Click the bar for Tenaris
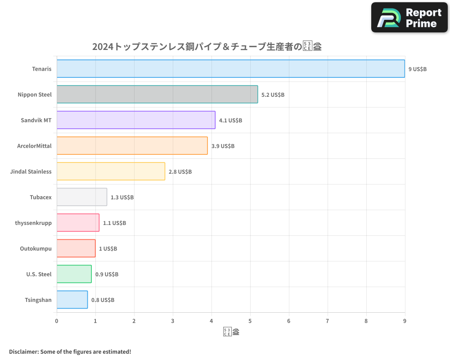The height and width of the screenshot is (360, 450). tap(230, 69)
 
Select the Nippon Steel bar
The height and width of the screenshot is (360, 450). tap(157, 94)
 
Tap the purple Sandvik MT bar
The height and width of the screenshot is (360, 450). tap(136, 120)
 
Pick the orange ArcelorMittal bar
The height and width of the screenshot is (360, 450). tap(132, 146)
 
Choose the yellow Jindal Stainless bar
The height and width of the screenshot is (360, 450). tap(111, 171)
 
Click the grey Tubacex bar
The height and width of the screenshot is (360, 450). tap(82, 197)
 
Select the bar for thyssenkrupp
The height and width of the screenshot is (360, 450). tap(78, 223)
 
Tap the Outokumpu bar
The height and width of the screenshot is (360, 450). tap(76, 248)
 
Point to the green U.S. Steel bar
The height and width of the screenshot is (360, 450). tap(74, 274)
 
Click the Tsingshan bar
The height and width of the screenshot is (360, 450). tap(72, 300)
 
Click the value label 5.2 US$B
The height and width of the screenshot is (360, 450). tap(273, 95)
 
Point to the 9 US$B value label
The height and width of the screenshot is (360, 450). tap(417, 69)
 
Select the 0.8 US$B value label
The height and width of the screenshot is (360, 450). tap(103, 300)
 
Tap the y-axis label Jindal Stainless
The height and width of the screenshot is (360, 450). tap(31, 171)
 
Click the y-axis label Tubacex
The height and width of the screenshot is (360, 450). tap(40, 197)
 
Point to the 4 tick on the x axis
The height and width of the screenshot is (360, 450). tap(211, 321)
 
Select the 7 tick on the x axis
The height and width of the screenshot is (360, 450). tap(328, 321)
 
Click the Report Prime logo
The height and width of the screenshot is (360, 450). tap(409, 18)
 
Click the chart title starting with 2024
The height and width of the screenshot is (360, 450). tap(207, 47)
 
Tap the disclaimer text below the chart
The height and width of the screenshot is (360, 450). tap(70, 351)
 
